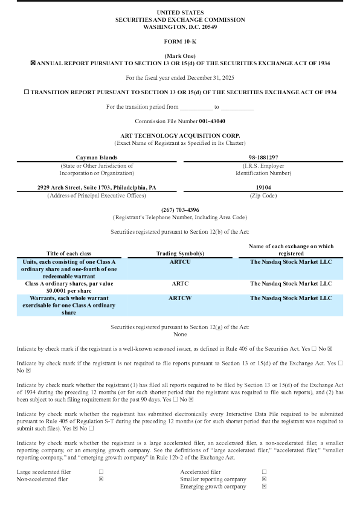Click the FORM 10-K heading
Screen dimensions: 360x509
point(179,41)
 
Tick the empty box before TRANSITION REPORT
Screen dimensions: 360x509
point(25,92)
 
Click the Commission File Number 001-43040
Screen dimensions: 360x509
point(179,121)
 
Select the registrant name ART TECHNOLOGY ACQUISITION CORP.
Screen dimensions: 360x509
point(179,135)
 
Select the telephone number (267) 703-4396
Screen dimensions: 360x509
point(179,210)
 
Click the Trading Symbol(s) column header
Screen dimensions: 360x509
point(179,252)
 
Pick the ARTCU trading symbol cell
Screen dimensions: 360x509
point(179,263)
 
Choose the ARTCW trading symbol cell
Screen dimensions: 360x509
point(179,298)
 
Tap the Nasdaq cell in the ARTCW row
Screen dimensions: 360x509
point(291,298)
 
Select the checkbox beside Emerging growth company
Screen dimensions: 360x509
point(264,486)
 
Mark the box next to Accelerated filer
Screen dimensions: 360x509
point(264,472)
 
